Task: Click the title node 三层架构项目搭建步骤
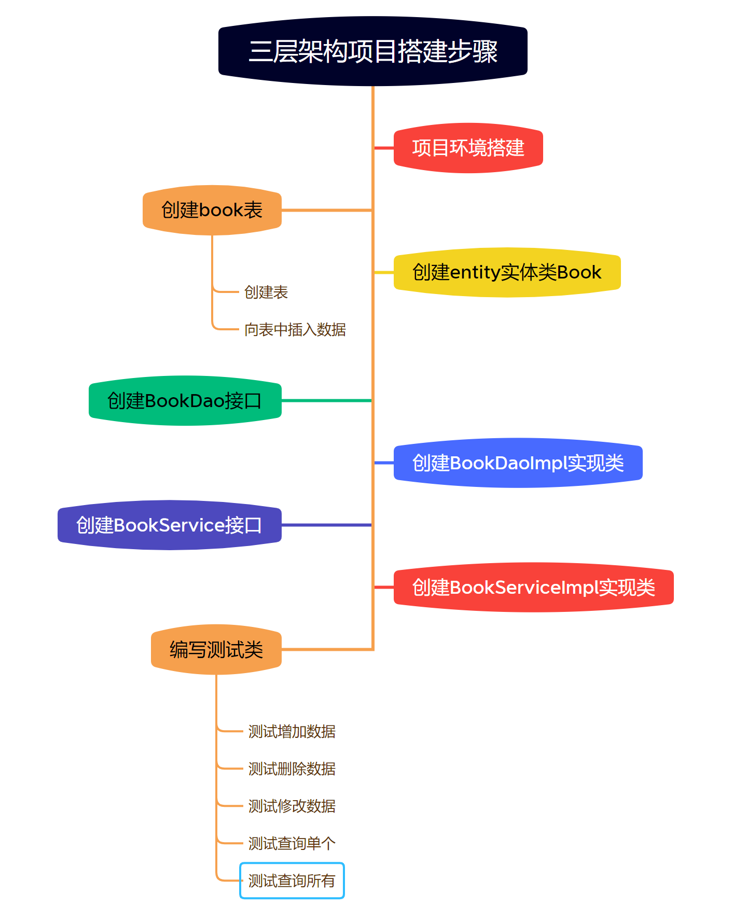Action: click(x=372, y=51)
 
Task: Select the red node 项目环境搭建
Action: click(x=468, y=148)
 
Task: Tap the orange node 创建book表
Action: click(x=212, y=210)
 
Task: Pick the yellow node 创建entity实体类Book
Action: click(x=507, y=272)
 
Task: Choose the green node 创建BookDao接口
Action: click(x=185, y=401)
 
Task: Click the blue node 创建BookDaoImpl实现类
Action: click(x=518, y=463)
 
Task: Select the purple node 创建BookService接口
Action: click(x=169, y=525)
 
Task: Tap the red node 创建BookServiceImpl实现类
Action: click(x=533, y=588)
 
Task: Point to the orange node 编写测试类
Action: click(x=216, y=650)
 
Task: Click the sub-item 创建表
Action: click(x=266, y=292)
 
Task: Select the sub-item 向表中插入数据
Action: click(x=295, y=330)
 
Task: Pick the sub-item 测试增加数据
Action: click(x=292, y=732)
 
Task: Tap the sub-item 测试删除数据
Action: click(x=292, y=769)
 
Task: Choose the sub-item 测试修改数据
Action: click(x=292, y=806)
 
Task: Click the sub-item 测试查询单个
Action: click(x=292, y=844)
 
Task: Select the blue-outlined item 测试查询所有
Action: click(x=292, y=881)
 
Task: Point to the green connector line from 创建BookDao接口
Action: click(x=327, y=401)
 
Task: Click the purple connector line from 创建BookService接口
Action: click(x=327, y=525)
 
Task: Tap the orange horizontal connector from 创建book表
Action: click(x=327, y=210)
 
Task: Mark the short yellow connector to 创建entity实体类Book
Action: click(x=384, y=272)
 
